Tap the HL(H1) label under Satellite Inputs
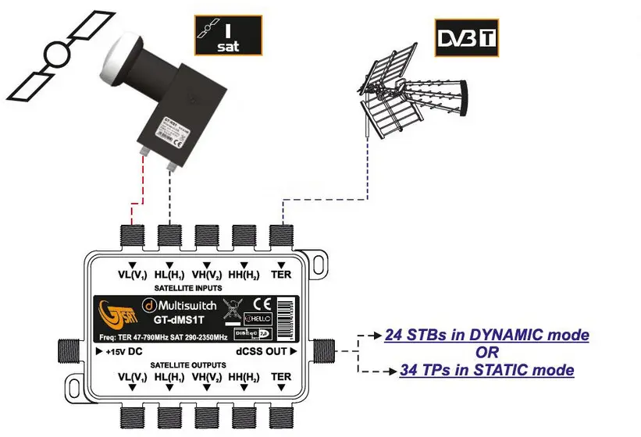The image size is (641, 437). [x=169, y=275]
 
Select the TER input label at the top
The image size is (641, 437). [x=280, y=275]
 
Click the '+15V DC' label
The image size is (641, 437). [x=122, y=352]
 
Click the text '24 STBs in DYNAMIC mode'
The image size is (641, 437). [x=486, y=336]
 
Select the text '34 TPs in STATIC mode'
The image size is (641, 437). [x=486, y=370]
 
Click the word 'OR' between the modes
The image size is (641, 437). [x=486, y=353]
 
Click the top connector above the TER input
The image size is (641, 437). [x=280, y=234]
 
